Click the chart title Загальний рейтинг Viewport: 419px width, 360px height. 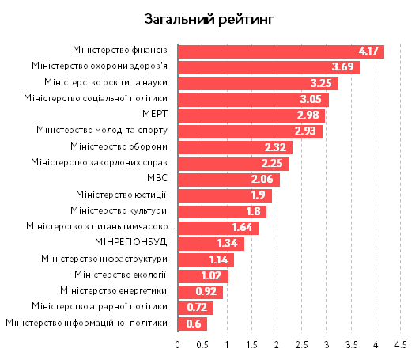(x=209, y=18)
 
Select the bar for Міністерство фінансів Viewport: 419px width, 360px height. (x=281, y=51)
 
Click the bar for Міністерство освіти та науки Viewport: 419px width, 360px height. (x=258, y=83)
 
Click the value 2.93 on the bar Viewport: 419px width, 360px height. (x=306, y=131)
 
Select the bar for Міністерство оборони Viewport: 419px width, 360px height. (x=235, y=147)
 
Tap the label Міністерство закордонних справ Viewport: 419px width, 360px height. (x=99, y=163)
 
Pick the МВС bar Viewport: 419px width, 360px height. (x=228, y=179)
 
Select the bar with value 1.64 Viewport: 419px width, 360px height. (x=217, y=227)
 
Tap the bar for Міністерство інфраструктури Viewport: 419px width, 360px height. (x=206, y=259)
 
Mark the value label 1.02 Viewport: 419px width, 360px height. (x=211, y=275)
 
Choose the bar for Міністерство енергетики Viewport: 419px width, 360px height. (x=200, y=291)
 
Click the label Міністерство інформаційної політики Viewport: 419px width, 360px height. (x=86, y=323)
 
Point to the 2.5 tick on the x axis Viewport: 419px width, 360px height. (x=301, y=346)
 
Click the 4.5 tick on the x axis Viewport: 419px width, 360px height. (x=401, y=346)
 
